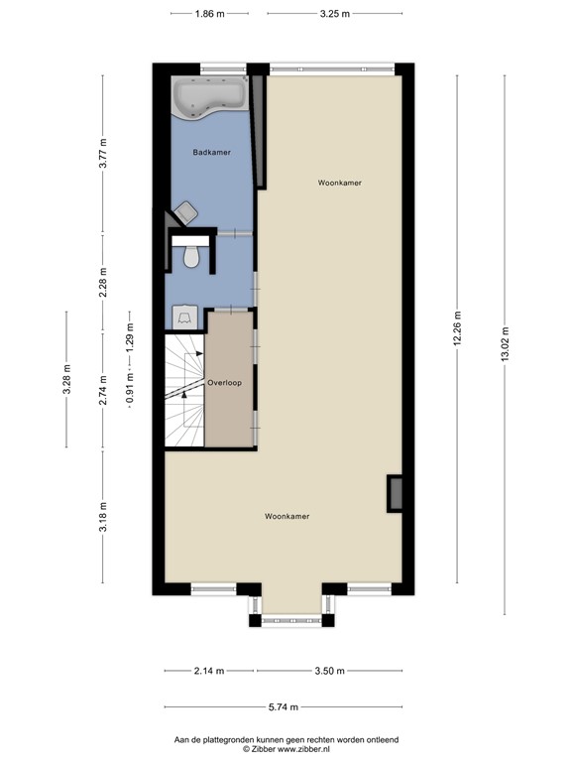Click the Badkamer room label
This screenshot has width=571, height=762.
211,152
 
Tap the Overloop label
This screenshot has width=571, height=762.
225,382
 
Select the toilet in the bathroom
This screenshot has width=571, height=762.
192,257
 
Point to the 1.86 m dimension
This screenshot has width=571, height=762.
209,14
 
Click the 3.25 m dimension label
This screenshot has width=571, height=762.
334,14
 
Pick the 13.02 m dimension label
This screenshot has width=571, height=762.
505,349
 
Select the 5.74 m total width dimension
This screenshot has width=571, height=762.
285,707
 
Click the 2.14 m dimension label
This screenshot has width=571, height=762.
209,672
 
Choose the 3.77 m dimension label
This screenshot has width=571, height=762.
103,155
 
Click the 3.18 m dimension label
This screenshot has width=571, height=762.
103,518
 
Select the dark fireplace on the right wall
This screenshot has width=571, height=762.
395,493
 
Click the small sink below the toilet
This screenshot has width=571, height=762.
185,317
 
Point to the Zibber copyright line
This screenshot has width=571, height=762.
285,748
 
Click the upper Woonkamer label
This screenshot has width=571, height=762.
339,184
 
